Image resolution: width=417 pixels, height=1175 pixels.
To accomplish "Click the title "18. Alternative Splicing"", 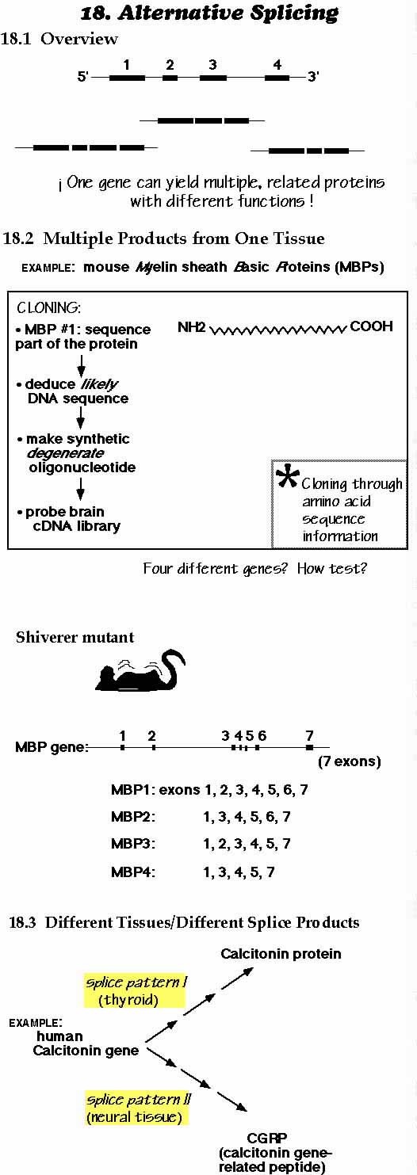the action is [x=209, y=13].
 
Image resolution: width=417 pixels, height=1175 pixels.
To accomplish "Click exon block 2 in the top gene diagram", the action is [x=170, y=78].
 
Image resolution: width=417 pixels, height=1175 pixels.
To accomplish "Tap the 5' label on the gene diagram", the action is [x=83, y=77].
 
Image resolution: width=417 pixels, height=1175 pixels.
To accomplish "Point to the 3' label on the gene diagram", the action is [x=313, y=77].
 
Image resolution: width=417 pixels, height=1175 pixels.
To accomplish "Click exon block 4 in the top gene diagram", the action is [x=277, y=78].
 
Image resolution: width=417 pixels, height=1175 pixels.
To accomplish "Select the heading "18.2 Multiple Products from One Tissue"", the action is [x=164, y=238].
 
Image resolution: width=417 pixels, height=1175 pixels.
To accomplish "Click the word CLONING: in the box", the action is [x=49, y=307].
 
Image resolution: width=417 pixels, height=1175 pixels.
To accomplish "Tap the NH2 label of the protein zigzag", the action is [x=192, y=327].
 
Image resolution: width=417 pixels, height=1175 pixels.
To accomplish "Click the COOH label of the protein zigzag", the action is [x=371, y=326].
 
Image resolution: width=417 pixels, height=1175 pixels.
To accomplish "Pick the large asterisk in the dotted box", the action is [x=287, y=476].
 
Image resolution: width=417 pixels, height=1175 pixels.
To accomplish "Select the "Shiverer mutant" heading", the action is [x=75, y=637].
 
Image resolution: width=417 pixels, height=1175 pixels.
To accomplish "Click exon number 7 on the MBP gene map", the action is [x=309, y=735].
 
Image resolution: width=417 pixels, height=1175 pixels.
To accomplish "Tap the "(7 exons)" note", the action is [x=350, y=761].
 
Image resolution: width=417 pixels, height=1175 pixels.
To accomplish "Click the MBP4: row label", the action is [x=133, y=872].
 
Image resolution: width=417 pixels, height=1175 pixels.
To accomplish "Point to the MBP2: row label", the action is [x=133, y=817].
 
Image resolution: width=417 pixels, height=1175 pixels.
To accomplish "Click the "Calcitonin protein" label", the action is [x=281, y=954].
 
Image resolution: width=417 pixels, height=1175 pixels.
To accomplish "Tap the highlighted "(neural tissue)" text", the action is [x=135, y=1118].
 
